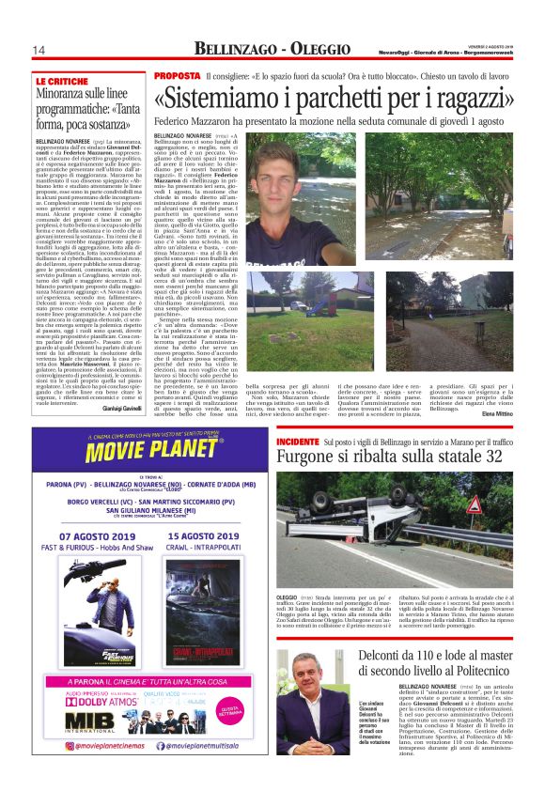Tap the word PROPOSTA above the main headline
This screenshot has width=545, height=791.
[177, 75]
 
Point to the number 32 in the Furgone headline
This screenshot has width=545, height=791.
[490, 458]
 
